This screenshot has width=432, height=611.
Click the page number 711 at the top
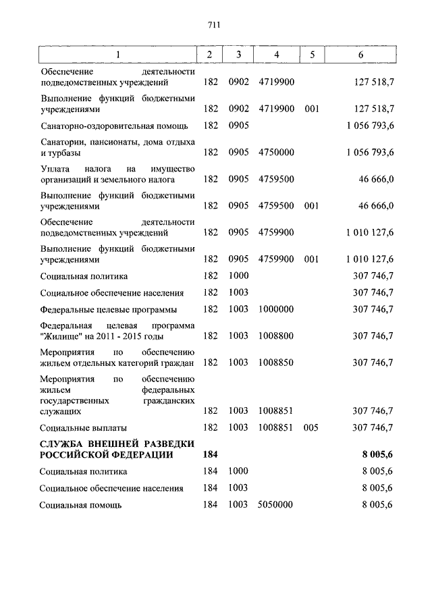[x=215, y=26]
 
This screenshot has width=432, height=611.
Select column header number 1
[x=118, y=55]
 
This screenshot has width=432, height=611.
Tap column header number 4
[x=276, y=55]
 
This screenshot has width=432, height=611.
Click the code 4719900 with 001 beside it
[x=276, y=108]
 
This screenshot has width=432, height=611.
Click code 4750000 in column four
[x=276, y=153]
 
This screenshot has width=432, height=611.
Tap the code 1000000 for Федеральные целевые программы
[x=276, y=309]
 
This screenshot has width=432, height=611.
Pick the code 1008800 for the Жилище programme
[x=276, y=336]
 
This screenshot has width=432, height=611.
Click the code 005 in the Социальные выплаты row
[x=311, y=427]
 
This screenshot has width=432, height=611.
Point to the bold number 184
[x=210, y=455]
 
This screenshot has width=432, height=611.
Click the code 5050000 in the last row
[x=276, y=504]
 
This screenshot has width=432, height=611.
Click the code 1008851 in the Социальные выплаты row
[x=276, y=427]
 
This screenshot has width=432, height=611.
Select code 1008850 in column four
[x=276, y=363]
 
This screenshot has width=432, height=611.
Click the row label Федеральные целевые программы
[x=108, y=310]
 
